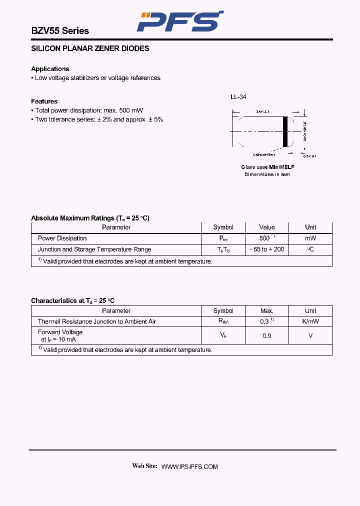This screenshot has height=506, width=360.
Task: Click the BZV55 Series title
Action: [60, 31]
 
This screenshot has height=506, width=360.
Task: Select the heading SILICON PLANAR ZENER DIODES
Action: [90, 48]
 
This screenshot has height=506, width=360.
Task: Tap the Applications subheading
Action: [50, 69]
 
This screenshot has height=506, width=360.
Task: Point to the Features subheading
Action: [44, 101]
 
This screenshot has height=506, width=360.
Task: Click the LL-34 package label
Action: [238, 97]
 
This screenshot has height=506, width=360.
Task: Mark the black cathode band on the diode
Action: [285, 132]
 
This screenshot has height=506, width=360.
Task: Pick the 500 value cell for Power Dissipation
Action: [265, 238]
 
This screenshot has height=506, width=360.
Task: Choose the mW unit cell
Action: [310, 238]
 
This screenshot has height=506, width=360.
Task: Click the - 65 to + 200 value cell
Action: [267, 249]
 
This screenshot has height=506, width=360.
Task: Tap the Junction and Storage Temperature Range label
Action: [94, 249]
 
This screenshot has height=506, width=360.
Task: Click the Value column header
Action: [267, 227]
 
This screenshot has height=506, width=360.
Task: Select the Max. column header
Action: [267, 310]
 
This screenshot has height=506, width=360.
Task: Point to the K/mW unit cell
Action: [310, 321]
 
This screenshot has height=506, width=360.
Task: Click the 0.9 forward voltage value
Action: [267, 335]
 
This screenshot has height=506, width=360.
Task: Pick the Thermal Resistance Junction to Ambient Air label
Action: [97, 321]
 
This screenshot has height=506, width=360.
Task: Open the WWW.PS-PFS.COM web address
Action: [189, 466]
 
